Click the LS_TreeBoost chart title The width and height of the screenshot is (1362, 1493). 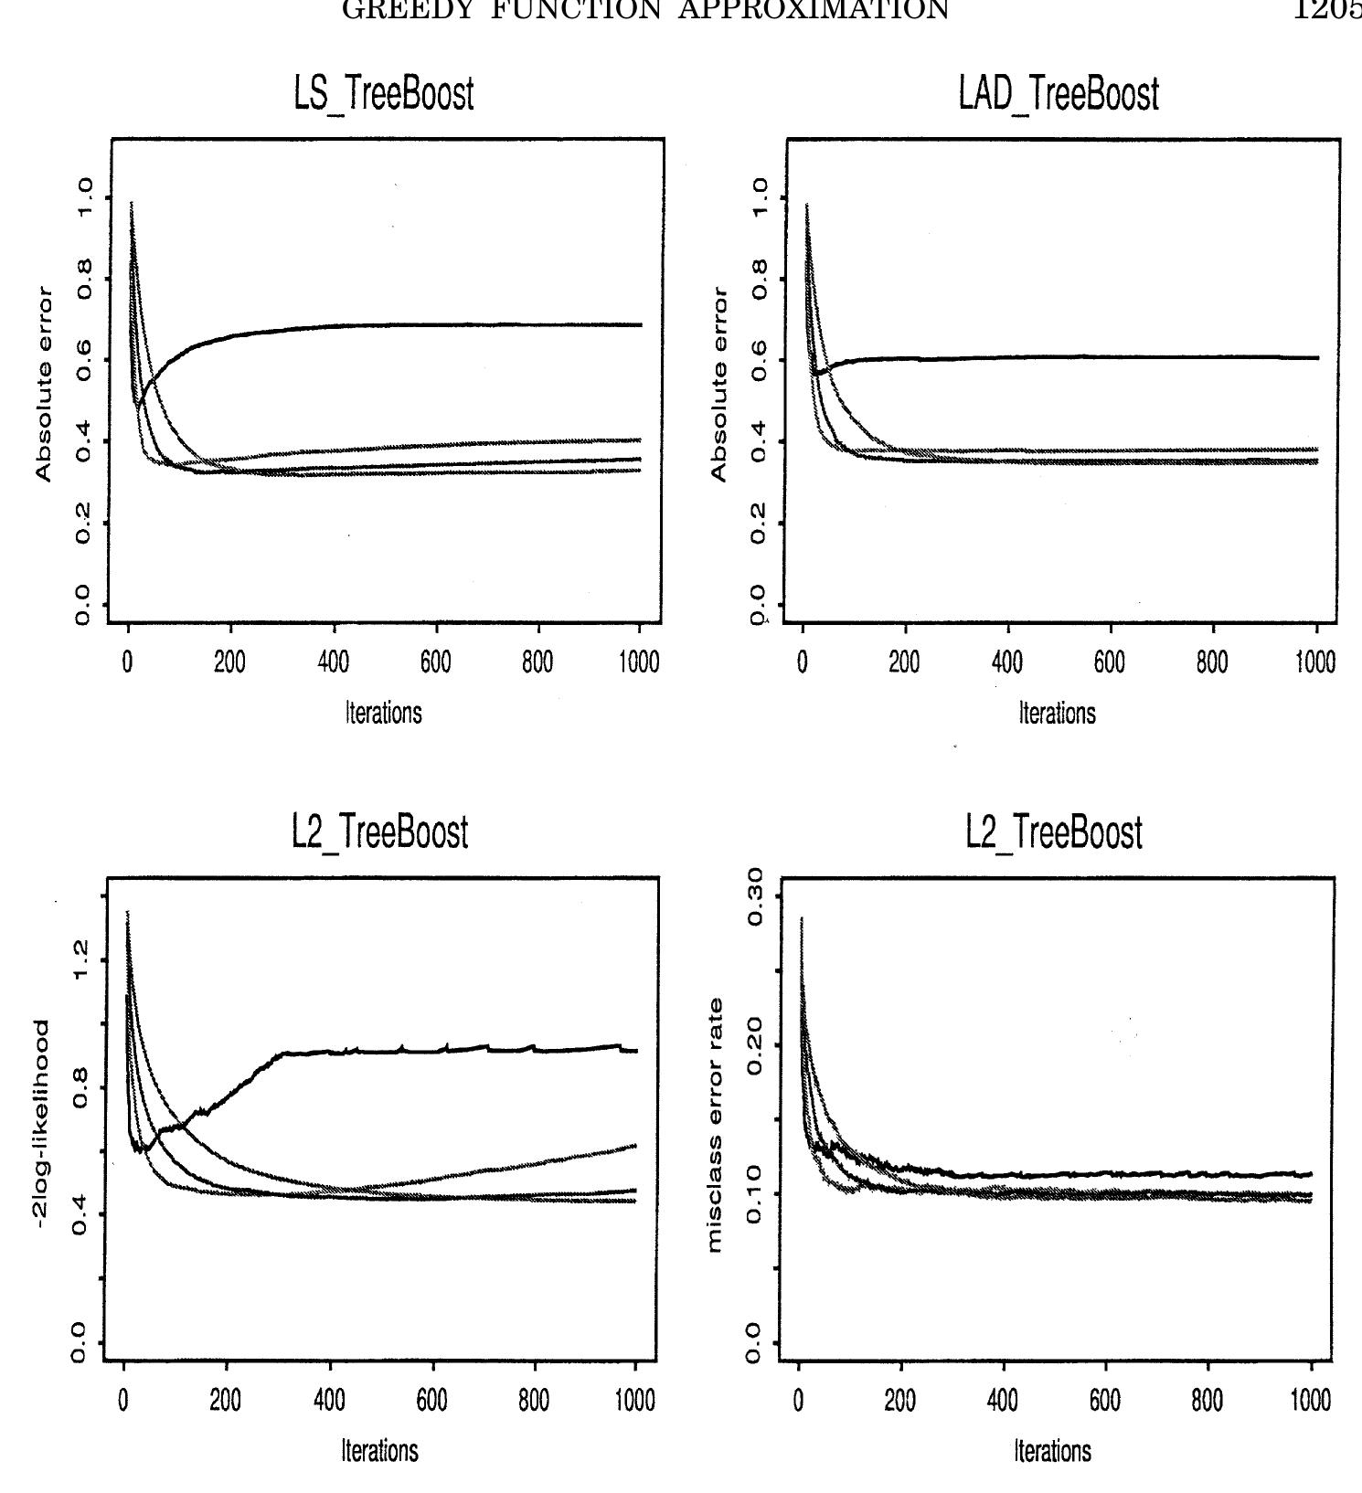tap(384, 95)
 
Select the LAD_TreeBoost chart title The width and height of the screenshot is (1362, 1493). tap(1059, 95)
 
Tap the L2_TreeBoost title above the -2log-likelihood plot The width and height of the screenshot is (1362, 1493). tap(380, 832)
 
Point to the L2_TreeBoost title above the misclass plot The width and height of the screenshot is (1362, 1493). tap(1054, 833)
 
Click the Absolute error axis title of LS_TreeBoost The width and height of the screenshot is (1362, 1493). tap(44, 385)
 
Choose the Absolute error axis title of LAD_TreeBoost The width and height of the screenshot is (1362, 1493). tap(719, 385)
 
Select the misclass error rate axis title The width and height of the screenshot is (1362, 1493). tap(716, 1125)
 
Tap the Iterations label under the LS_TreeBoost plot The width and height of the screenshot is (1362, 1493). tap(384, 713)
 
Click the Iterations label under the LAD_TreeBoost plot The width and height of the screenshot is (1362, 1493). tap(1058, 713)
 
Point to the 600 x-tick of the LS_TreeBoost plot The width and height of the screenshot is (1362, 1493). tap(436, 662)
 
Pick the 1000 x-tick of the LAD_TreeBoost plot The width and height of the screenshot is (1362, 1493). tap(1315, 662)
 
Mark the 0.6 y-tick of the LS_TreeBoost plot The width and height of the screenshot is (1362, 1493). tap(84, 360)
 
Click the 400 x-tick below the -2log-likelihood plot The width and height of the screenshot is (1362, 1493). tap(330, 1399)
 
